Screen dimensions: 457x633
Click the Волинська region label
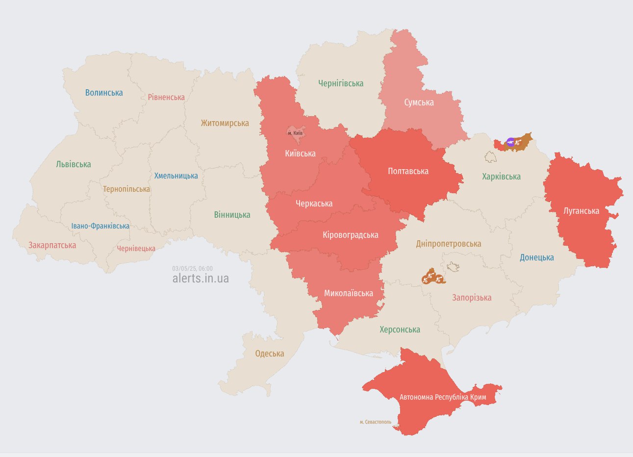coord(104,93)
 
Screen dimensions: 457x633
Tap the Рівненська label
coord(166,97)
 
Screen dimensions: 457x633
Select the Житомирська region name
coord(225,123)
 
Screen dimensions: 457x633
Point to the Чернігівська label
coord(341,83)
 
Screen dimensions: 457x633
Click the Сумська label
coord(419,102)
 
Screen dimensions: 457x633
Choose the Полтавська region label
coord(408,171)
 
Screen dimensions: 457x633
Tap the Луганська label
coord(581,211)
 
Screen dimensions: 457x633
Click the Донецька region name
coord(537,257)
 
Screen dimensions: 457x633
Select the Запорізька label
coord(472,298)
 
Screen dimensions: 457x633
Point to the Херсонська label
coord(400,330)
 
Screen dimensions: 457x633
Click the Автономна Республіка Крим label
coord(443,397)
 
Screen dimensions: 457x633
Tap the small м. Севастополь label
coord(376,422)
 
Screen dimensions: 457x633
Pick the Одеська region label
coord(270,354)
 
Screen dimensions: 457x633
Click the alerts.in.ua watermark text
coord(201,279)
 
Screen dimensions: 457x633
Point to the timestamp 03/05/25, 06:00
coord(192,269)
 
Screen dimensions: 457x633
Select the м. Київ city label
coord(295,133)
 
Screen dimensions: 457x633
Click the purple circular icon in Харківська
coord(510,142)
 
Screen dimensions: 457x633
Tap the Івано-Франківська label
coord(101,226)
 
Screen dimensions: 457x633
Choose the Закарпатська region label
coord(52,245)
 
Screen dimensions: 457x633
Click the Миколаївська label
coord(349,293)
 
